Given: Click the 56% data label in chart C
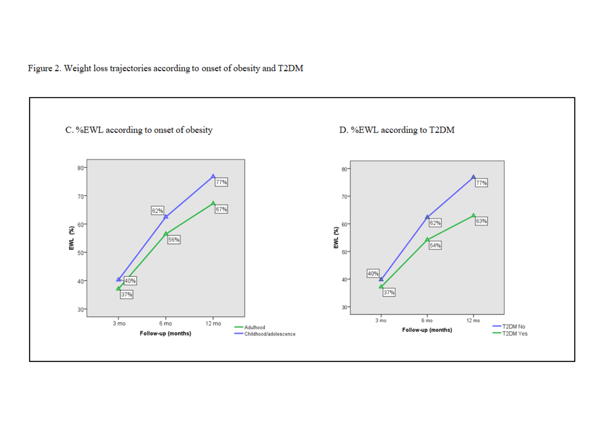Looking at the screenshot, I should pyautogui.click(x=174, y=240).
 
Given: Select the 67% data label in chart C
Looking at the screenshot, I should pyautogui.click(x=221, y=209).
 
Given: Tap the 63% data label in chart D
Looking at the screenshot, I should pyautogui.click(x=481, y=221).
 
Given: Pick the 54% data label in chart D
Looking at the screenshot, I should pyautogui.click(x=435, y=245).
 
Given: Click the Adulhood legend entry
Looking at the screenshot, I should pyautogui.click(x=254, y=328).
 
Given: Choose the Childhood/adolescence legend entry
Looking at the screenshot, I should pyautogui.click(x=270, y=334).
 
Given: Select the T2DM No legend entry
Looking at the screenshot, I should pyautogui.click(x=513, y=327).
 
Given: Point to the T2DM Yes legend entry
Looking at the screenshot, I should pyautogui.click(x=515, y=334).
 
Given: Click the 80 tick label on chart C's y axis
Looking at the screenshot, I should pyautogui.click(x=80, y=168).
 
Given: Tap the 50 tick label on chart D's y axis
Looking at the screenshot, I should pyautogui.click(x=344, y=252).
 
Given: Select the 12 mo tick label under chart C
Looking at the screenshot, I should pyautogui.click(x=213, y=324).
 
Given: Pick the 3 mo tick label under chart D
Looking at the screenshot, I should pyautogui.click(x=381, y=321).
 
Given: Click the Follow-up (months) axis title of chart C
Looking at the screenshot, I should pyautogui.click(x=165, y=334).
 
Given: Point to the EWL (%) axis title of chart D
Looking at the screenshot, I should pyautogui.click(x=336, y=238).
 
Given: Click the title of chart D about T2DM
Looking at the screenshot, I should pyautogui.click(x=397, y=130).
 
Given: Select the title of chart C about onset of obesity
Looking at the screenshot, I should pyautogui.click(x=139, y=130).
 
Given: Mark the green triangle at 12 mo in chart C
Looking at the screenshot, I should pyautogui.click(x=213, y=203).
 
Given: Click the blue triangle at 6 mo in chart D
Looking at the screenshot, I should pyautogui.click(x=427, y=217).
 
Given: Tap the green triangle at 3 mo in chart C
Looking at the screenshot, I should pyautogui.click(x=118, y=288).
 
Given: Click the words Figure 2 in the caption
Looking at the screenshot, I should pyautogui.click(x=44, y=68).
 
